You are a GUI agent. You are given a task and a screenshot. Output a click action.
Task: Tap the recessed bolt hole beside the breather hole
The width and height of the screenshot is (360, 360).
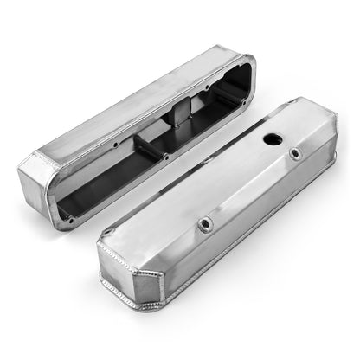click(x=297, y=154)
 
